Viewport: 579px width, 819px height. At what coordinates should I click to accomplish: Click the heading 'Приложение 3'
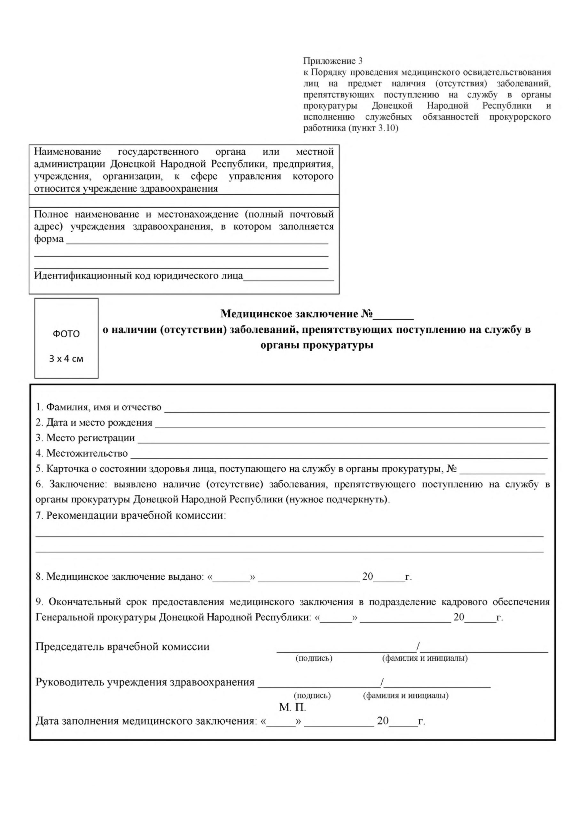[333, 61]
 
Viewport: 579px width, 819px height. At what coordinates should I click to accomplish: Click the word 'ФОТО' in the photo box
[66, 334]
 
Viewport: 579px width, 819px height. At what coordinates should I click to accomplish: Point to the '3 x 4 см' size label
[66, 359]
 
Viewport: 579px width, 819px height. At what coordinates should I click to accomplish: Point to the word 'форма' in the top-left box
[49, 239]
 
